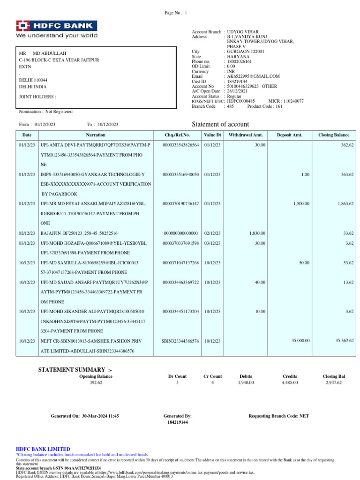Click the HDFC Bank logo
click(x=57, y=26)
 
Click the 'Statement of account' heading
click(x=220, y=124)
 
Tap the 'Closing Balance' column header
click(x=334, y=135)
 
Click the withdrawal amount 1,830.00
click(x=257, y=233)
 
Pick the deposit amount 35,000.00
click(x=300, y=341)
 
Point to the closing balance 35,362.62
click(x=344, y=341)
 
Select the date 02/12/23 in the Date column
click(x=27, y=233)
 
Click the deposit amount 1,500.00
click(x=301, y=204)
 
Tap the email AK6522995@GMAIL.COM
click(x=253, y=76)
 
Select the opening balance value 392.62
click(x=96, y=382)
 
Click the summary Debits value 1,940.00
click(x=246, y=382)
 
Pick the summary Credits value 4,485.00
click(x=290, y=382)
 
